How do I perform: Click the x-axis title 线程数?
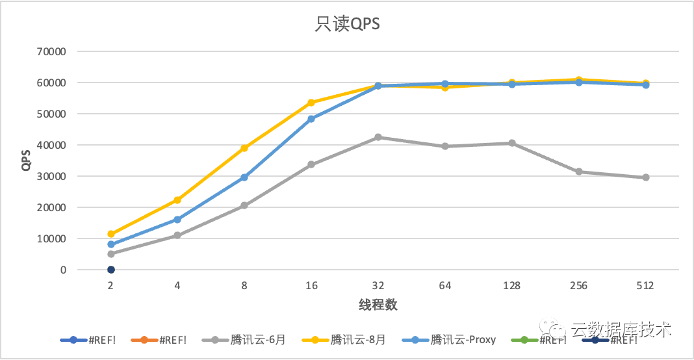click(x=378, y=304)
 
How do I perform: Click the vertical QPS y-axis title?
click(x=26, y=160)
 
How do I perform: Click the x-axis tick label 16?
click(x=311, y=286)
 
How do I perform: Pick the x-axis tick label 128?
click(x=511, y=286)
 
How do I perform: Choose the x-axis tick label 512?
click(x=645, y=286)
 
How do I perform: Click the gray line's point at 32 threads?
click(x=378, y=137)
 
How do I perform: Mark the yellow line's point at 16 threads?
click(x=311, y=103)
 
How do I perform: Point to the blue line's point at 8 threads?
click(x=244, y=177)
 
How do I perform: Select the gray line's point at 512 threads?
click(x=645, y=177)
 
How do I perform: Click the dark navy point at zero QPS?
click(x=111, y=270)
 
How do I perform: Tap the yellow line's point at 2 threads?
click(x=111, y=234)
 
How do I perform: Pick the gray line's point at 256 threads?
click(x=578, y=172)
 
